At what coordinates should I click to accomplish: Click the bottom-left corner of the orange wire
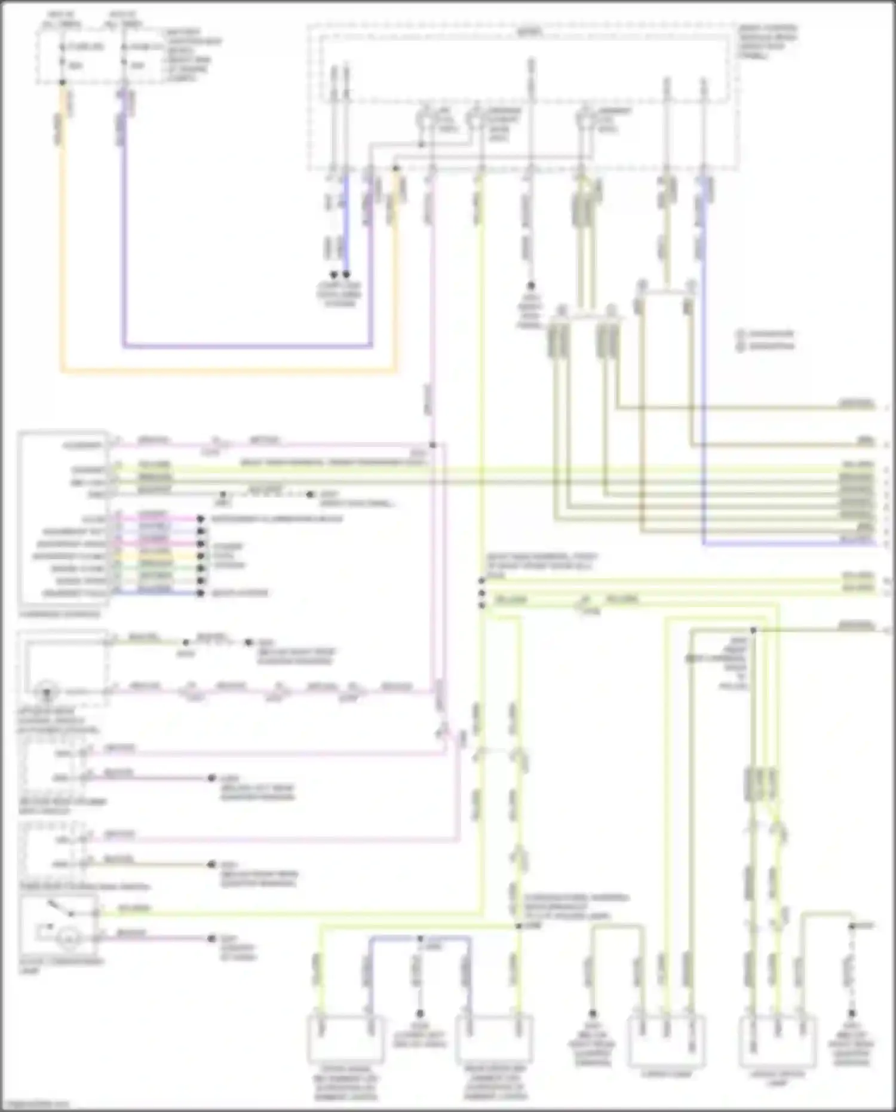(62, 371)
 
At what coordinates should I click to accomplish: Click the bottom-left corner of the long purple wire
(124, 345)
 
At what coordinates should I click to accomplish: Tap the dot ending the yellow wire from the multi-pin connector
(201, 556)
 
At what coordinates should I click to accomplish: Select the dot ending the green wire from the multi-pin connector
(201, 568)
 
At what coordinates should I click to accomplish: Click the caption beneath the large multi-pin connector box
(60, 614)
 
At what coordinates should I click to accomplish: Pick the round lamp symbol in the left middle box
(47, 693)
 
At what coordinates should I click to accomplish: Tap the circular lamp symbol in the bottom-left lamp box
(69, 940)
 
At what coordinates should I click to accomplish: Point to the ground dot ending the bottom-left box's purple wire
(211, 938)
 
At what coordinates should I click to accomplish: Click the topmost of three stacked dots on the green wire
(481, 580)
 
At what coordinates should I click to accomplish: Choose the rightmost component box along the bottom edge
(778, 1040)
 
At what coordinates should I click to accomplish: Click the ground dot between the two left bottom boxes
(420, 1013)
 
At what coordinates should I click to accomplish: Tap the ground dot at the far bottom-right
(852, 1013)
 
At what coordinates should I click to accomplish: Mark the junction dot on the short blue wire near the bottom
(420, 938)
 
